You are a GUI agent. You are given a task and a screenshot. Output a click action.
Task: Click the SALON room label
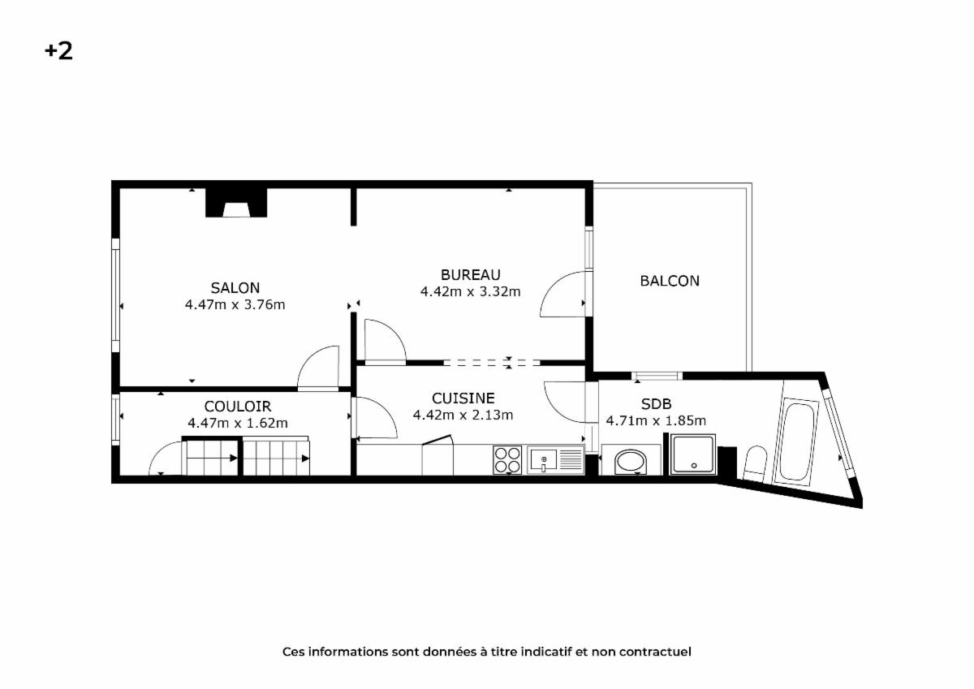pos(235,288)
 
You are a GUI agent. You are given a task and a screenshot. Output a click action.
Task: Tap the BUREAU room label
pos(471,275)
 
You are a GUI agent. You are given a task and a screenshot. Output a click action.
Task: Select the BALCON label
pos(670,281)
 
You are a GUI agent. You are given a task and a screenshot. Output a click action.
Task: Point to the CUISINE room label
pos(463,398)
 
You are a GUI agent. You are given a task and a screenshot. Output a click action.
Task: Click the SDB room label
pos(656,404)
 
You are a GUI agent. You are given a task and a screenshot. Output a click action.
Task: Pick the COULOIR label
pos(237,407)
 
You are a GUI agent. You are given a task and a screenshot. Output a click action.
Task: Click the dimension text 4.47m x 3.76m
pos(235,304)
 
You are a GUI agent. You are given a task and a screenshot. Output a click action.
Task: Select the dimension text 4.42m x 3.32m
pos(471,291)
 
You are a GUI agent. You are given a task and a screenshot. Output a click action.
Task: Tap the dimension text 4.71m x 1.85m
pos(656,420)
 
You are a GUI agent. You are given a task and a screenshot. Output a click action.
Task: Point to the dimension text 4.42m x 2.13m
pos(463,415)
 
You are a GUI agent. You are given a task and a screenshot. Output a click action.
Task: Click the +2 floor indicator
pos(58,51)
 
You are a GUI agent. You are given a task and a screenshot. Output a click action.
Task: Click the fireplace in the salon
pos(236,203)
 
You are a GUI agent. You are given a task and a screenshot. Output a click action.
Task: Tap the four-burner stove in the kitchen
pos(507,460)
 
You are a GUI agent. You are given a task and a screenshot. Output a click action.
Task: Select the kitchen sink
pos(556,459)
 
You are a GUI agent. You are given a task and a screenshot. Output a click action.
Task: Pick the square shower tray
pos(692,454)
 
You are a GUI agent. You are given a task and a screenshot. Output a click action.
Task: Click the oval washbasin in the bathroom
pos(631,461)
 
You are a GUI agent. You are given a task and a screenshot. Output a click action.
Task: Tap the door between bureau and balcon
pos(564,294)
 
